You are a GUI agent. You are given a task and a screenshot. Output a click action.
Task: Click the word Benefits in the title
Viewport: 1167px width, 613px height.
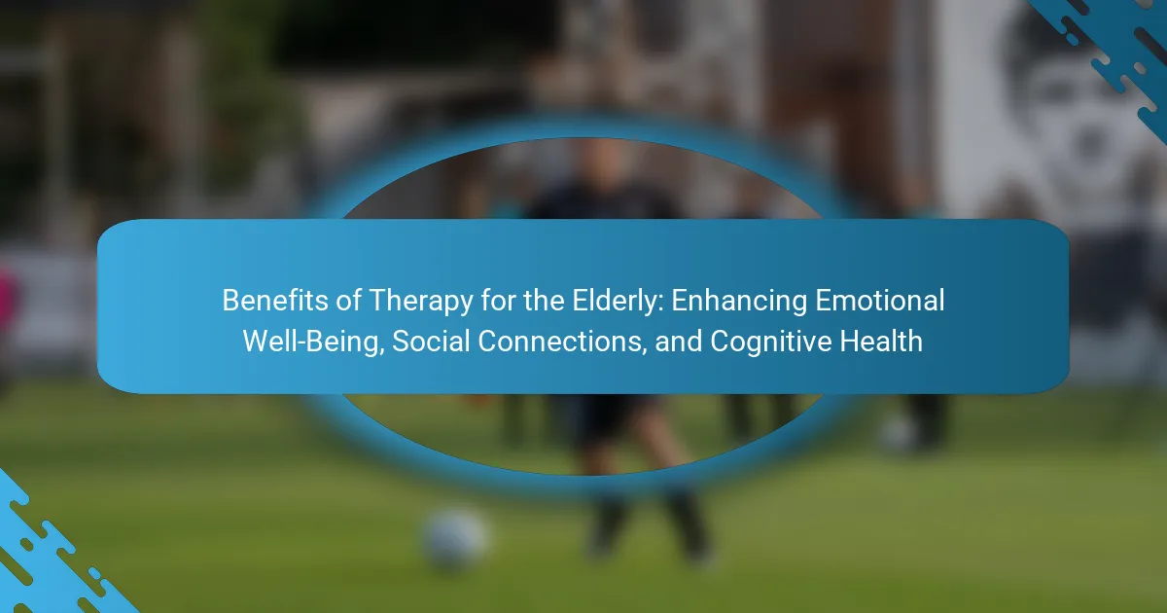coord(275,301)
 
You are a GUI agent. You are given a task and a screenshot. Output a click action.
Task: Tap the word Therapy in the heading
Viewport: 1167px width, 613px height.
coord(421,302)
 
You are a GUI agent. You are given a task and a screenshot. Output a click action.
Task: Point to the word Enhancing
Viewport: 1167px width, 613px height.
coord(739,302)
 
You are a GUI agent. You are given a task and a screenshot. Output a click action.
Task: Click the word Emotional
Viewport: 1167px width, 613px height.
coord(880,301)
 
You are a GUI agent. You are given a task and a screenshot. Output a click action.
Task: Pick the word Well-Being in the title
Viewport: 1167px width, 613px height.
coord(313,342)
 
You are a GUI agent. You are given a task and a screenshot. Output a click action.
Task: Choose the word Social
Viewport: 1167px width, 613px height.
coord(431,341)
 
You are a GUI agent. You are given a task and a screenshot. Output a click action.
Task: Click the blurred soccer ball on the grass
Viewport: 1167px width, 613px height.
coord(454,539)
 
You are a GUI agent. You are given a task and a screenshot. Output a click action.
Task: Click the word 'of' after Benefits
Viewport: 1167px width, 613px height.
coord(348,301)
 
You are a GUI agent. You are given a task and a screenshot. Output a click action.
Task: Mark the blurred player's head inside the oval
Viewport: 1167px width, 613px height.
coord(599,166)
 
